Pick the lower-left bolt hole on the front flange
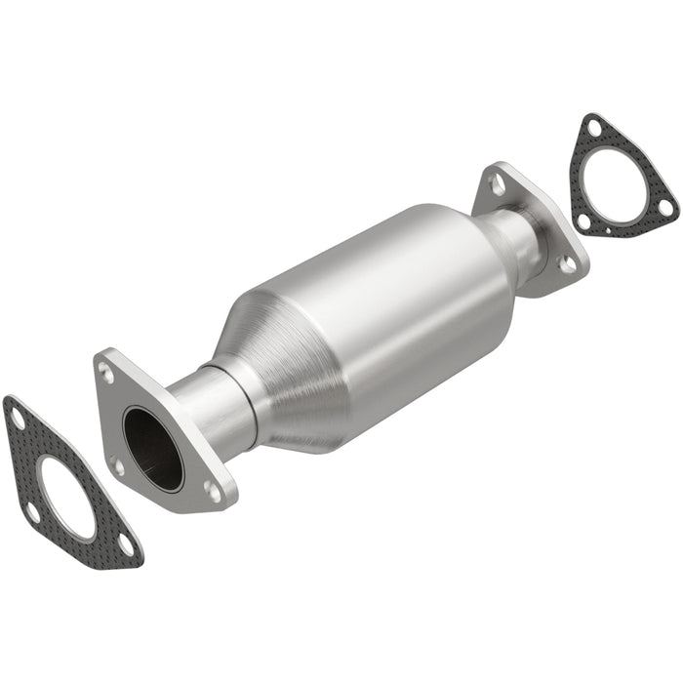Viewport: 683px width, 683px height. (118, 465)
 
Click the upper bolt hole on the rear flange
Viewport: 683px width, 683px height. (498, 182)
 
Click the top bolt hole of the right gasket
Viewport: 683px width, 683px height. (593, 127)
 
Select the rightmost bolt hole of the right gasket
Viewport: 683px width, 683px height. (664, 207)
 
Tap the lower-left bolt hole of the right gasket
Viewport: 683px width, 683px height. (583, 221)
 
